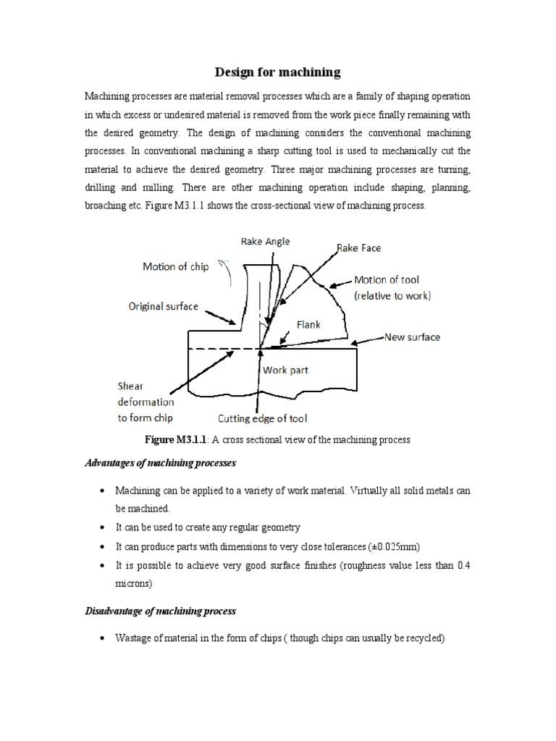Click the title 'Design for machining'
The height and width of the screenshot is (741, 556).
tap(277, 72)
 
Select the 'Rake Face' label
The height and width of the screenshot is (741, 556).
tap(358, 248)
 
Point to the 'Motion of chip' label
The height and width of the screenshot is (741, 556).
tap(175, 266)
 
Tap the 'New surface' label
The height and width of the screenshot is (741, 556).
tap(412, 337)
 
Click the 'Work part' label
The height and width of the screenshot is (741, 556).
tap(285, 370)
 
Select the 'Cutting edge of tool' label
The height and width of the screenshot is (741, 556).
tap(263, 418)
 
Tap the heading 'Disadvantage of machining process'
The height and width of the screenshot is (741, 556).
tap(161, 611)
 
